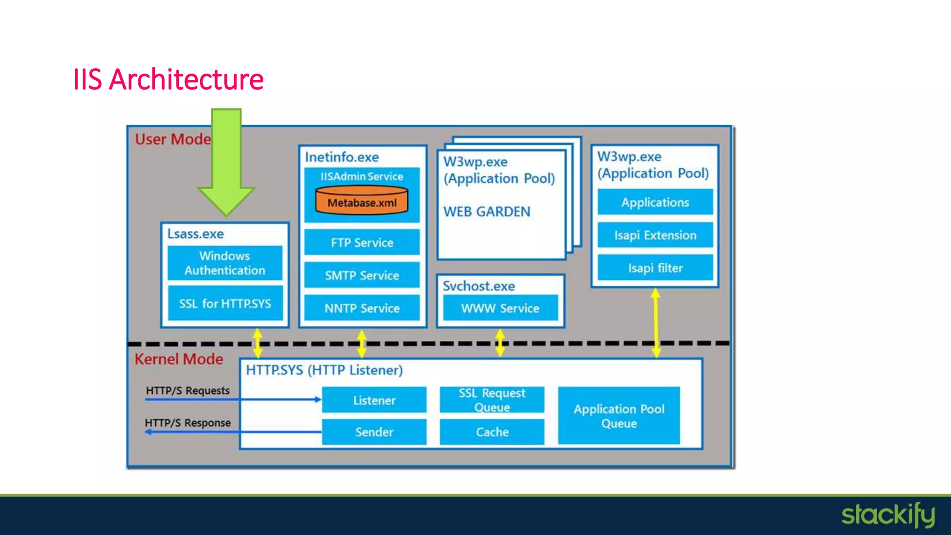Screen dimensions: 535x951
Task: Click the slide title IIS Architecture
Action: (168, 79)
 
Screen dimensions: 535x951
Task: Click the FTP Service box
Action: (362, 242)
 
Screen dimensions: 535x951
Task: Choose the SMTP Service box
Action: (362, 275)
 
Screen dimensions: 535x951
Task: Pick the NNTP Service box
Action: (362, 308)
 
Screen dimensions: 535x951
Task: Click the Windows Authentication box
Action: (225, 263)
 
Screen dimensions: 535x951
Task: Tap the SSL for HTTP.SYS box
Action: (225, 304)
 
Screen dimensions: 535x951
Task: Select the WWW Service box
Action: (500, 308)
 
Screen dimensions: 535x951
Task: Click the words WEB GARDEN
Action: (487, 212)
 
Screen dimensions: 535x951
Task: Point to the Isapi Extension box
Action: (655, 235)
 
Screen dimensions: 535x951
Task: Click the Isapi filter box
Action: (655, 268)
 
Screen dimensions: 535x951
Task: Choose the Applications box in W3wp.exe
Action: (655, 202)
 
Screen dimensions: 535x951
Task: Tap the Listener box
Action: (374, 400)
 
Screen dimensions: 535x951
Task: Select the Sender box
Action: (374, 432)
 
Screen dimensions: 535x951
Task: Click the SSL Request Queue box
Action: (492, 400)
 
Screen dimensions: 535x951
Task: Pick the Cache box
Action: (492, 432)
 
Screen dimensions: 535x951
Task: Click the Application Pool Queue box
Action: (619, 416)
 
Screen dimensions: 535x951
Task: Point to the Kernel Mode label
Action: (179, 359)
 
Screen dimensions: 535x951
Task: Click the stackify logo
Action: (888, 515)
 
